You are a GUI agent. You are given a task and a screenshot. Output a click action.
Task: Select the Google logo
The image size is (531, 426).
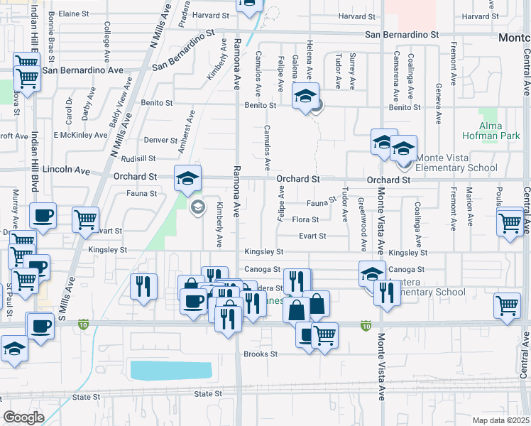pyautogui.click(x=23, y=417)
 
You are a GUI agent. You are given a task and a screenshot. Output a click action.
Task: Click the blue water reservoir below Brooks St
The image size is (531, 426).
pyautogui.click(x=171, y=370)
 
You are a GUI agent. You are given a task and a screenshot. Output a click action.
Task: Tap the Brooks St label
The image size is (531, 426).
pyautogui.click(x=260, y=354)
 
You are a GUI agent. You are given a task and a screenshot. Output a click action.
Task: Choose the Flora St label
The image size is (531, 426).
pyautogui.click(x=305, y=220)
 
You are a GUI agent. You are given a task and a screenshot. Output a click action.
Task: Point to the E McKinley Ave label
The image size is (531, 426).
pyautogui.click(x=80, y=135)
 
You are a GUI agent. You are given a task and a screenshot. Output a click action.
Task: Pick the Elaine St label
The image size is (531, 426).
pyautogui.click(x=73, y=13)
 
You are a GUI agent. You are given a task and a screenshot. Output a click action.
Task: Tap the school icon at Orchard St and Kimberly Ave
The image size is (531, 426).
pyautogui.click(x=188, y=178)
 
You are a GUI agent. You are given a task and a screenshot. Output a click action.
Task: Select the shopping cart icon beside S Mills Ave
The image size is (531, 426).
pyautogui.click(x=85, y=220)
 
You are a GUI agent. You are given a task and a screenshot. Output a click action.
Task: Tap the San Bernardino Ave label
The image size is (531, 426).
pyautogui.click(x=83, y=70)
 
